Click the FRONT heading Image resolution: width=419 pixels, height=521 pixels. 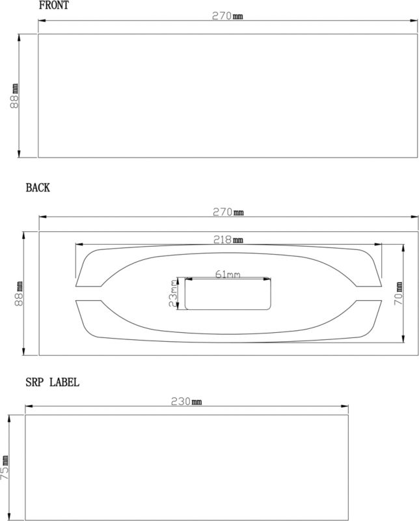[54, 5]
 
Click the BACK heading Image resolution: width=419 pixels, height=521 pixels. [38, 188]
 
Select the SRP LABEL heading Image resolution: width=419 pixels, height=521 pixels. [53, 382]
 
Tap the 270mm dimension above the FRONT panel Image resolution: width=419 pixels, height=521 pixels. [228, 16]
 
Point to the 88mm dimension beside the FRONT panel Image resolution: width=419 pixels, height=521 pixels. [14, 96]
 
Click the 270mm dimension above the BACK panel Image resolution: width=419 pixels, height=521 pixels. [228, 212]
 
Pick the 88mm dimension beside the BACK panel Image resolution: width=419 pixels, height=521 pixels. [19, 294]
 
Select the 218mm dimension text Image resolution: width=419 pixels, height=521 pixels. [228, 240]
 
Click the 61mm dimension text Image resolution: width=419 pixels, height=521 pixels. [228, 274]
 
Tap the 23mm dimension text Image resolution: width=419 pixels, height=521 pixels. [173, 294]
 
